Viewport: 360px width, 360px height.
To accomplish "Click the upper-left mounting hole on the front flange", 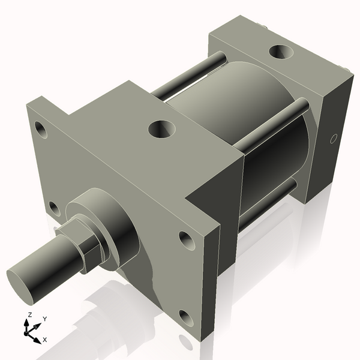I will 41,128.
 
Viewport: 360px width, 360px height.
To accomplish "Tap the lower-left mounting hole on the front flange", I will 54,209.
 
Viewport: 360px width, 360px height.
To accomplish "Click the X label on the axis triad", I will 44,340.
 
